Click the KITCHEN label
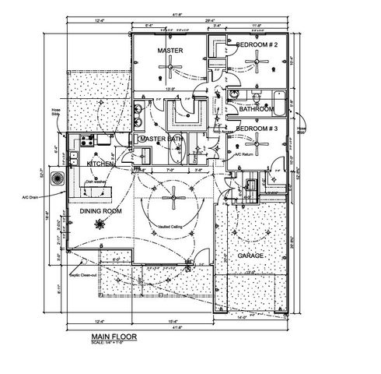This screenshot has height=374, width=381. point(101,164)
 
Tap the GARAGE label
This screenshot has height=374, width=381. point(250,256)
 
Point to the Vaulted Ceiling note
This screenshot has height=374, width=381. point(170,227)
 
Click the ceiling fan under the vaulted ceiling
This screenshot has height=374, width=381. point(170,199)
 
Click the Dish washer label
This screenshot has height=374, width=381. point(96,182)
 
